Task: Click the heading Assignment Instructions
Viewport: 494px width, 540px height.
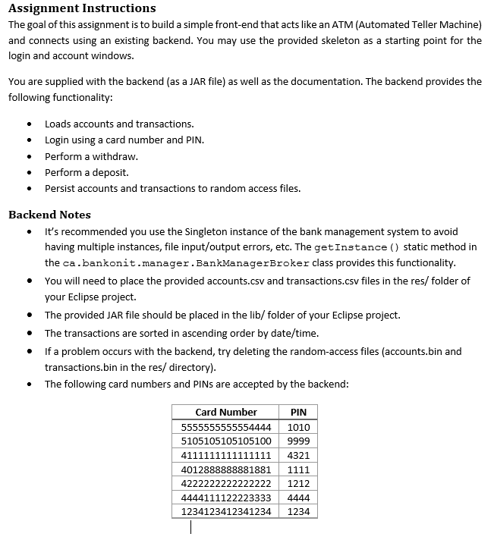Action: [82, 8]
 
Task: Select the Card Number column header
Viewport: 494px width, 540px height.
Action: [226, 412]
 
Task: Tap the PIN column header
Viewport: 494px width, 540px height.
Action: [299, 412]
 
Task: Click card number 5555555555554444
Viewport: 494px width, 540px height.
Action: [226, 427]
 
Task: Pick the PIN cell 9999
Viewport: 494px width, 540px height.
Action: [299, 441]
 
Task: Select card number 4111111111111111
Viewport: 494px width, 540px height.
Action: [226, 455]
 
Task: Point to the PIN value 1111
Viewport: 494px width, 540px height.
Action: [299, 469]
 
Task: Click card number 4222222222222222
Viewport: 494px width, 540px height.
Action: [226, 483]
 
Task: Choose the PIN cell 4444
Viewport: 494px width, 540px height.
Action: [299, 498]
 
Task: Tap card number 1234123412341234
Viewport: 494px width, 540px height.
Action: [226, 512]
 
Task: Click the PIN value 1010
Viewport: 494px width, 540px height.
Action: [299, 427]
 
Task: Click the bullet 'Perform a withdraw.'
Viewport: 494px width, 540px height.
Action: [91, 156]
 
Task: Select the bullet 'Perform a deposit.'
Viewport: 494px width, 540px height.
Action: [87, 172]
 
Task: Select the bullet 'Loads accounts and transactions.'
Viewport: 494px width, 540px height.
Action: [119, 124]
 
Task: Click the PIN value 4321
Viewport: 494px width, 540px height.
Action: [299, 455]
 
